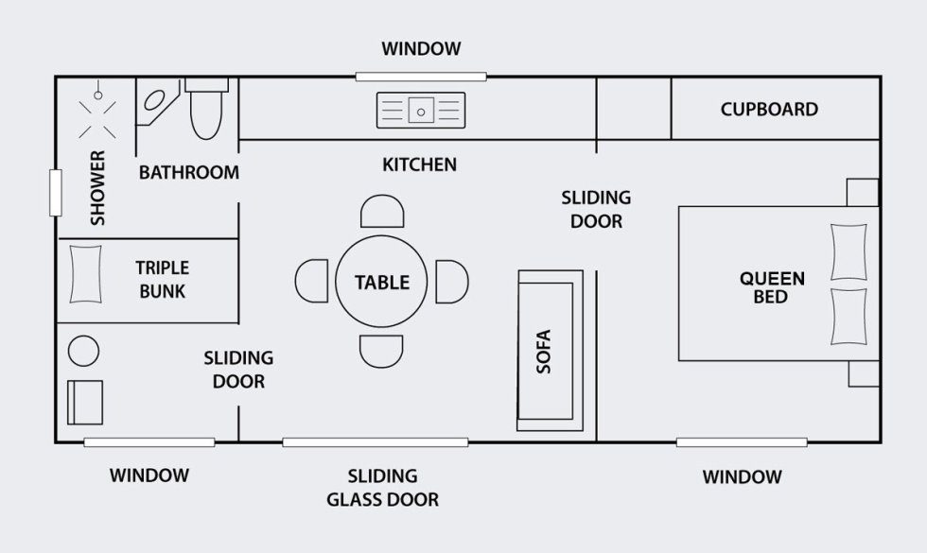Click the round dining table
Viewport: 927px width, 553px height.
[381, 282]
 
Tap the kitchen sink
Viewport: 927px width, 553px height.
[421, 111]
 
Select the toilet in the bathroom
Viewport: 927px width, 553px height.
[206, 109]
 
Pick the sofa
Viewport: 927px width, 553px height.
[550, 351]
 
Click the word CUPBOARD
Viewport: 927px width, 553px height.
[769, 110]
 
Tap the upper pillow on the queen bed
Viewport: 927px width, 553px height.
[849, 251]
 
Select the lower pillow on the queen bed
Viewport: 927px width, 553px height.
[849, 317]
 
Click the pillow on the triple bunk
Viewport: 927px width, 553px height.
[86, 274]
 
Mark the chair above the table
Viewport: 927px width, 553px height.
[382, 211]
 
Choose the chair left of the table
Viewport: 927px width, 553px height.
[311, 282]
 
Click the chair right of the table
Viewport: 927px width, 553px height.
[452, 282]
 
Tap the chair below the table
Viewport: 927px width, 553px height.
[381, 352]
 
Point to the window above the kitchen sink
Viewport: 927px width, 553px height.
[421, 77]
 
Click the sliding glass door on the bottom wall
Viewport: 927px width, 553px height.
[376, 442]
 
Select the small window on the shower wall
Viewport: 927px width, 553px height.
[56, 193]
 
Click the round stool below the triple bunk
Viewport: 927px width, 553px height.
[84, 351]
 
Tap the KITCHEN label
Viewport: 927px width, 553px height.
[420, 164]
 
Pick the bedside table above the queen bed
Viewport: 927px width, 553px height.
[863, 193]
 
